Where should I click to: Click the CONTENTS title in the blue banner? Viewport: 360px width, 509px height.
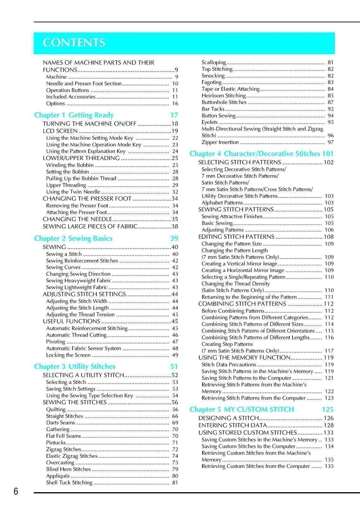click(74, 43)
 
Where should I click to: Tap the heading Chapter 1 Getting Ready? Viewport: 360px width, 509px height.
click(74, 115)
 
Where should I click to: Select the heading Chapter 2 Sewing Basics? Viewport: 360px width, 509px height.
click(73, 239)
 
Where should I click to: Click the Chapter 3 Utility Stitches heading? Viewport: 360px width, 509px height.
click(75, 367)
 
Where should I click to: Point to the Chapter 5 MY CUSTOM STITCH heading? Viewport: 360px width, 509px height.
click(242, 410)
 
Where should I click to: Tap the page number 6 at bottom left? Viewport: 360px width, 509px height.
click(16, 491)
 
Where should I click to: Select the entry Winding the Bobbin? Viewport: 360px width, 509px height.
click(70, 165)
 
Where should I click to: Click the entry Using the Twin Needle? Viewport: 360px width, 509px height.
click(73, 192)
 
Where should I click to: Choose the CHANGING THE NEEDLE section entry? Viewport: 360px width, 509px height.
click(77, 219)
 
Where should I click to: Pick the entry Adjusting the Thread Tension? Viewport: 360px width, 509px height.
click(80, 315)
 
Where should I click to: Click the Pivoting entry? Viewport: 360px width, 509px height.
click(56, 342)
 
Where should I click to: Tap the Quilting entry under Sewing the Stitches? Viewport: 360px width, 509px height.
click(56, 410)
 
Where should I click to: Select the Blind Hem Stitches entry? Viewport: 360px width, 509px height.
click(69, 469)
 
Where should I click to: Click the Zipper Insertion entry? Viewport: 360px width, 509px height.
click(220, 142)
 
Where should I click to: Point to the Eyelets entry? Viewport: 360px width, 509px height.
click(210, 122)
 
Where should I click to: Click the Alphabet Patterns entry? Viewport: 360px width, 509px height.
click(222, 203)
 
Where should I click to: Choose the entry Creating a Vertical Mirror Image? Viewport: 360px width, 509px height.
click(239, 264)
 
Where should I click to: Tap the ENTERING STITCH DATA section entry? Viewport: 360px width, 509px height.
click(233, 425)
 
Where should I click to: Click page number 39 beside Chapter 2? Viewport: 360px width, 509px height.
click(174, 239)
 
